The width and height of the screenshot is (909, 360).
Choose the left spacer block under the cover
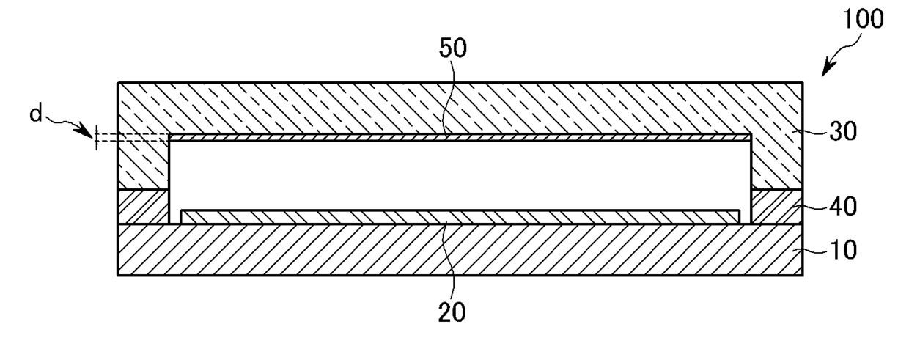[x=143, y=206]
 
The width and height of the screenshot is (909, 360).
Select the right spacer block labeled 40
[x=777, y=206]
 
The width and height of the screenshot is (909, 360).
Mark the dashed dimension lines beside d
[x=132, y=136]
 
